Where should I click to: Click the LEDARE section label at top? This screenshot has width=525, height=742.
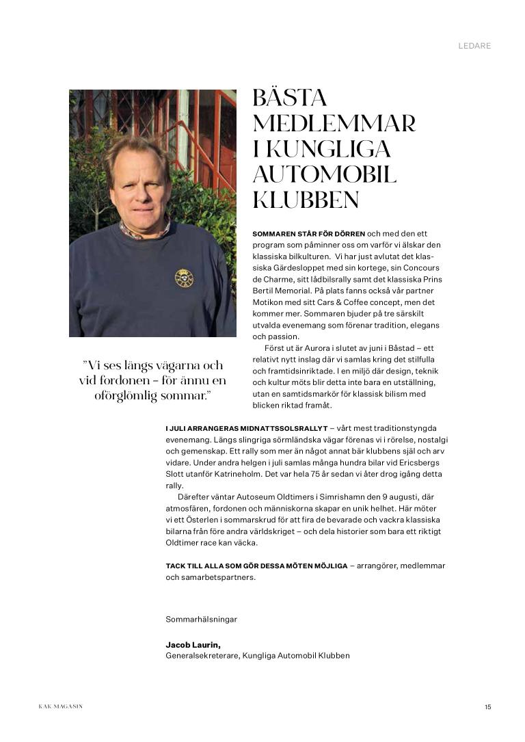tap(474, 47)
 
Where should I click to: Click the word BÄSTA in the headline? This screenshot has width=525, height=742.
tap(290, 98)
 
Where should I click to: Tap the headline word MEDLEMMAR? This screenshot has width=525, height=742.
tap(334, 124)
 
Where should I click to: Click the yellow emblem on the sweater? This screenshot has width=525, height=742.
tap(184, 278)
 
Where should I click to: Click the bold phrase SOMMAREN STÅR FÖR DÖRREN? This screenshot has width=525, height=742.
tap(309, 234)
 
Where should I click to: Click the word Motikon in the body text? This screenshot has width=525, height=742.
tap(268, 302)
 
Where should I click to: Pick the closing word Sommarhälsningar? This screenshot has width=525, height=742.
tap(201, 619)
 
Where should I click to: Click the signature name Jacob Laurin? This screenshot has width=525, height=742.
tap(193, 645)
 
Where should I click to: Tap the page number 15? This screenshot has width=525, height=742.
tap(487, 707)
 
